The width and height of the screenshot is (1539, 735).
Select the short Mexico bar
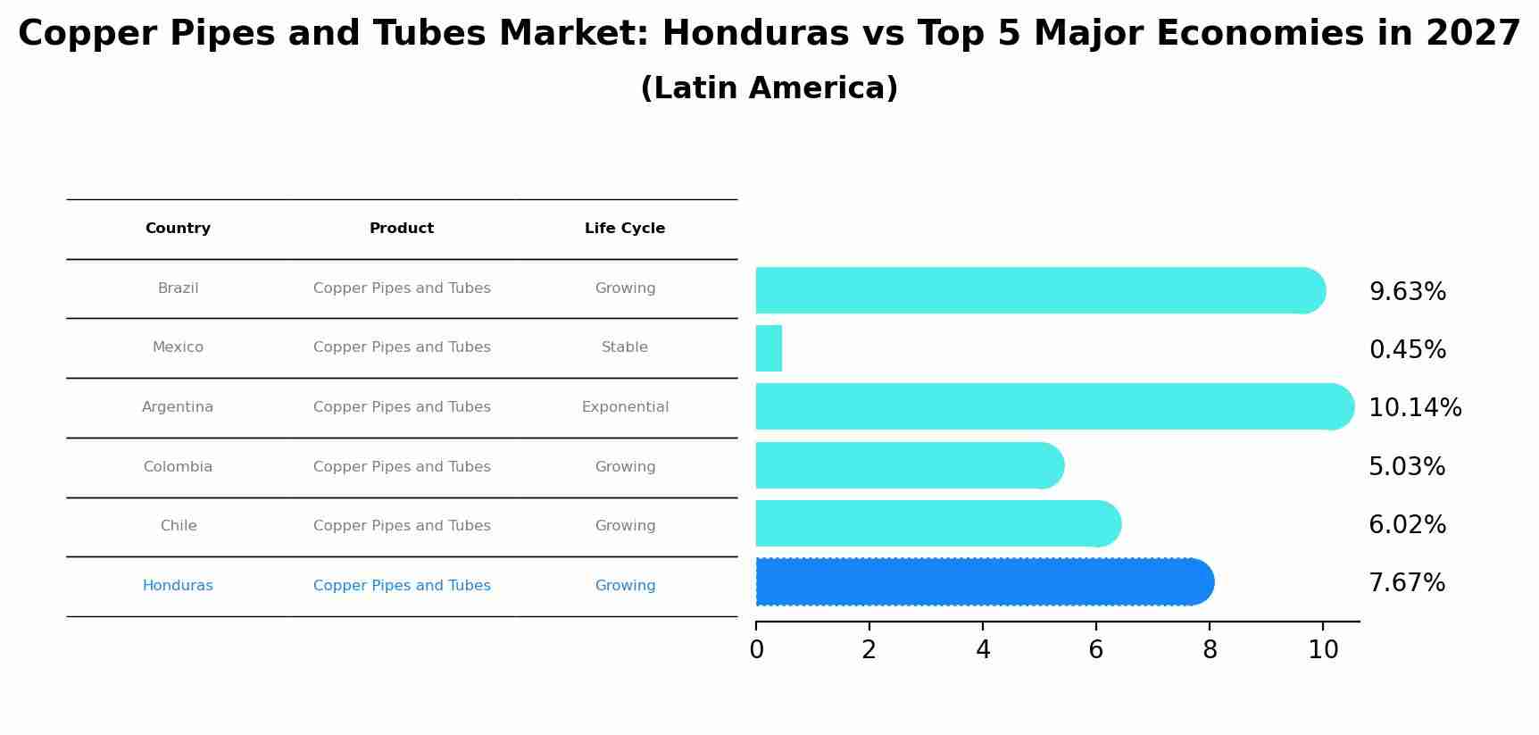769,348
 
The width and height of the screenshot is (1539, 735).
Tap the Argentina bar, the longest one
1053,406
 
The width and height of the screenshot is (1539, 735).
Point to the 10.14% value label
1415,408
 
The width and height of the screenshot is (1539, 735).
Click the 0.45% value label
1407,350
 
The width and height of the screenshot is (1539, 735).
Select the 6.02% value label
1407,525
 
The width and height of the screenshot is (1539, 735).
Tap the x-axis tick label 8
1210,650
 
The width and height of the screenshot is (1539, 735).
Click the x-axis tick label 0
756,650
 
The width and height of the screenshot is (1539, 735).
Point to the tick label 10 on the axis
1323,650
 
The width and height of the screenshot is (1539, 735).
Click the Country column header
178,229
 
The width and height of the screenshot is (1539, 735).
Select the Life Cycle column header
625,229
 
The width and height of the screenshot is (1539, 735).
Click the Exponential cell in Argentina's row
625,407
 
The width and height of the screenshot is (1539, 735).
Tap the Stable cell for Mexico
625,347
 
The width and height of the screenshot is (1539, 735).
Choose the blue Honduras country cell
178,586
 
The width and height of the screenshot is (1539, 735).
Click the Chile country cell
179,526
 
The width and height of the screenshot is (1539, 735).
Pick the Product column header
402,229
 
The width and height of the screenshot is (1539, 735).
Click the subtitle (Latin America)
769,88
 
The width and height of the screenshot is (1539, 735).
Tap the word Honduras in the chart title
755,34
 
